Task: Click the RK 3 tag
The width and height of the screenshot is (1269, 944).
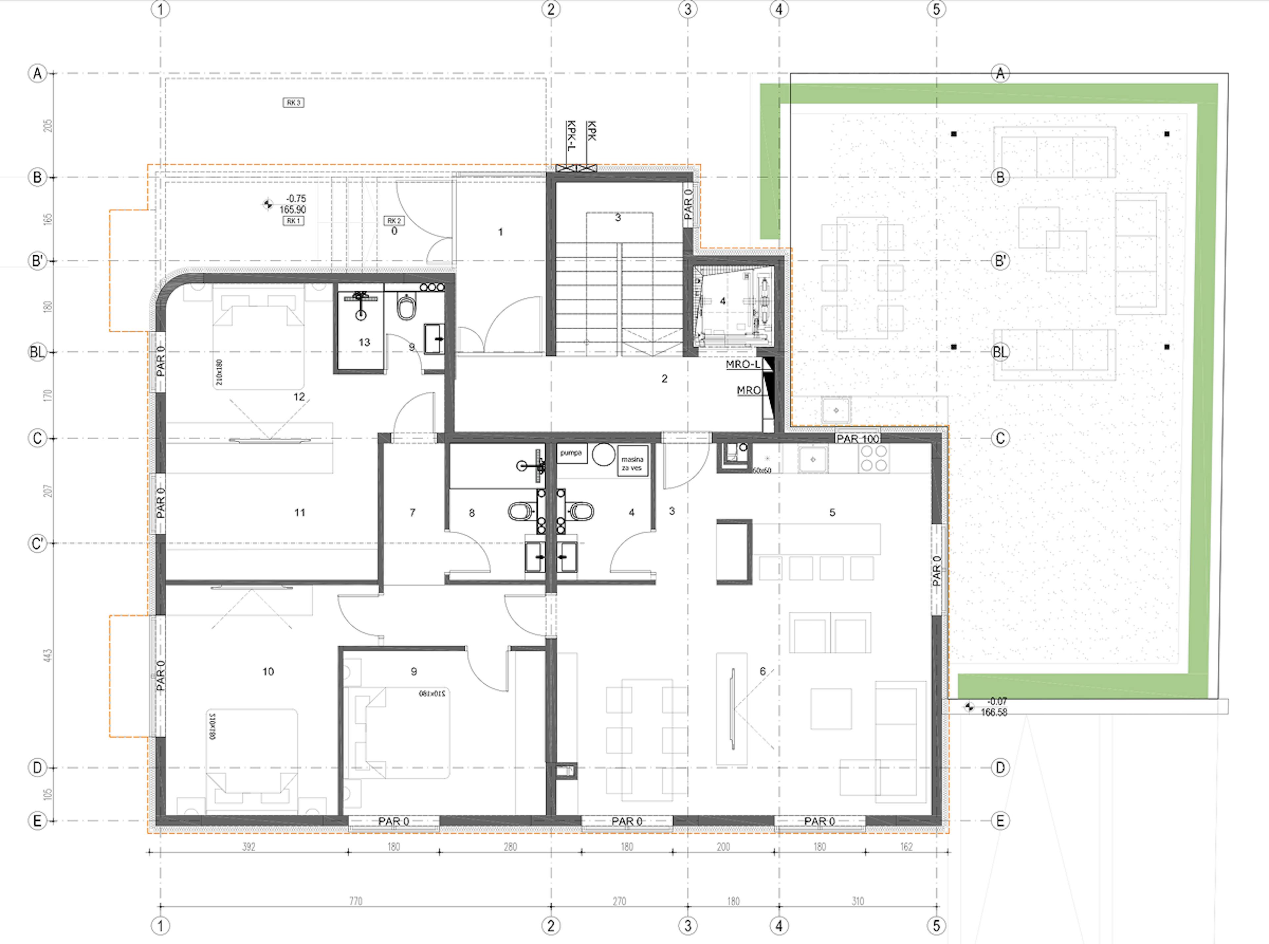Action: pyautogui.click(x=293, y=103)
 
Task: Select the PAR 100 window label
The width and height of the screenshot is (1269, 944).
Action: pyautogui.click(x=858, y=439)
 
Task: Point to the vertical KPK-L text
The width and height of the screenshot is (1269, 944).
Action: pyautogui.click(x=570, y=136)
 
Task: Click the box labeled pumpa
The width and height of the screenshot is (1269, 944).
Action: pyautogui.click(x=571, y=453)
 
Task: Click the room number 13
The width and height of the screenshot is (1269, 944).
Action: pyautogui.click(x=364, y=342)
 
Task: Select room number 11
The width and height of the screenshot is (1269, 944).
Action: pyautogui.click(x=299, y=513)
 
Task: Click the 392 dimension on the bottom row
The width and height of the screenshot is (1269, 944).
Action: pyautogui.click(x=249, y=847)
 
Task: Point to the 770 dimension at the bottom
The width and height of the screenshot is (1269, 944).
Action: pyautogui.click(x=356, y=901)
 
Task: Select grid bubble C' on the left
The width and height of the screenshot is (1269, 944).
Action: pyautogui.click(x=37, y=543)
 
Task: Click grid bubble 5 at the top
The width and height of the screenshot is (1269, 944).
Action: pyautogui.click(x=936, y=9)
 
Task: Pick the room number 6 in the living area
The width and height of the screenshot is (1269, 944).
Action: pyautogui.click(x=762, y=672)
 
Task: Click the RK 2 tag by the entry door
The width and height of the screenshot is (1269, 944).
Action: pyautogui.click(x=394, y=221)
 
